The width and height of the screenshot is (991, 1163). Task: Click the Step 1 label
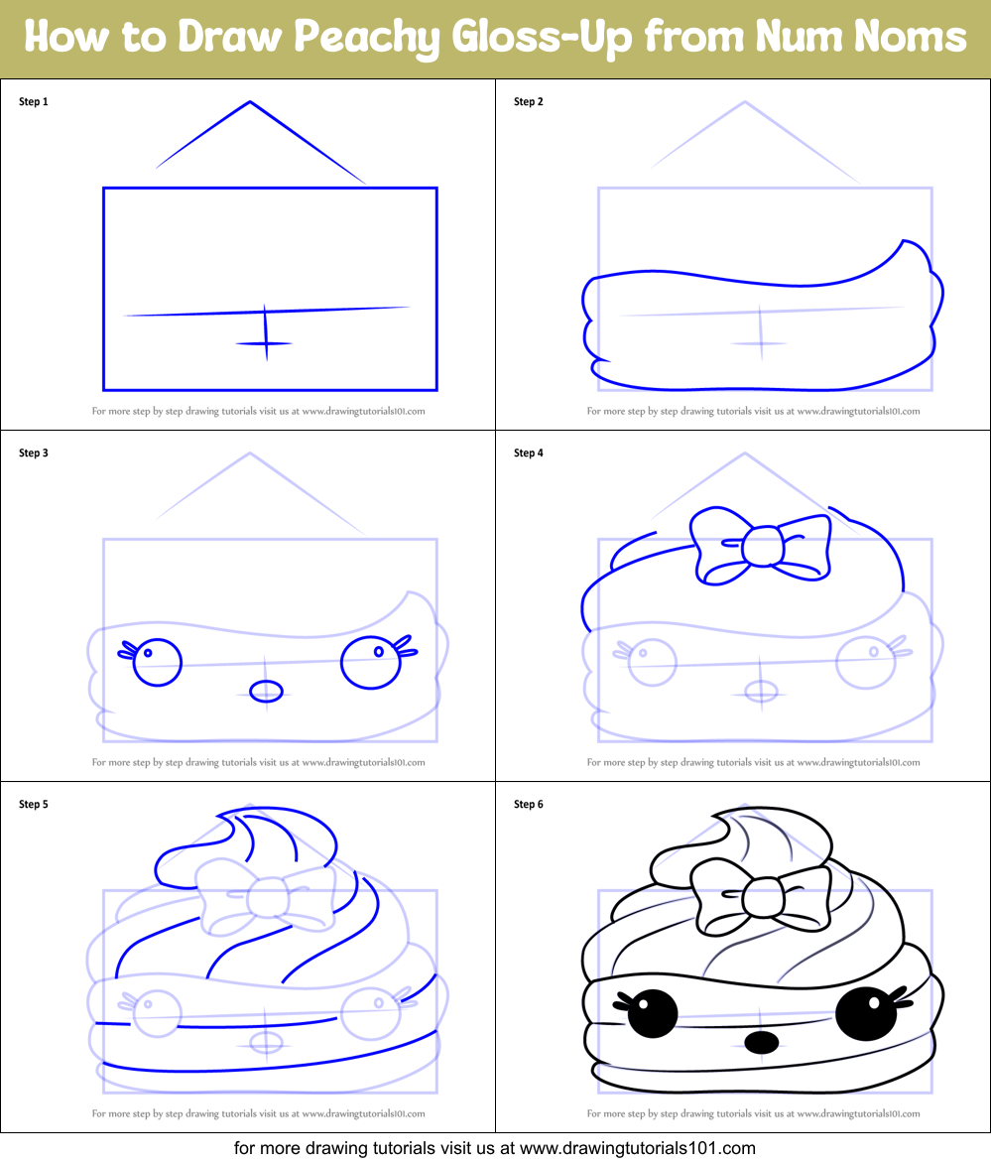point(34,101)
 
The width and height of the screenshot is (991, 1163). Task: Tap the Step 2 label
point(529,101)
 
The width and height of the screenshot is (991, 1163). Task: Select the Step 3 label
point(34,453)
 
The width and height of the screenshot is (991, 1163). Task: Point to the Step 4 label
point(529,453)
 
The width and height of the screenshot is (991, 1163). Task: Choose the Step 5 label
point(34,805)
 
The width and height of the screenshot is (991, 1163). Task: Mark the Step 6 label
point(529,805)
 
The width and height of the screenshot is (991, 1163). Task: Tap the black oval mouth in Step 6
point(761,1042)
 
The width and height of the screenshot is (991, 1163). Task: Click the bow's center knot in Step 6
point(762,896)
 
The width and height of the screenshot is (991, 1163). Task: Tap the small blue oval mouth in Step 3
point(266,691)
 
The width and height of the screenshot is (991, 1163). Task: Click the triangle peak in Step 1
point(250,102)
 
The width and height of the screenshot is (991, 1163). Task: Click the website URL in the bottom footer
point(637,1148)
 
